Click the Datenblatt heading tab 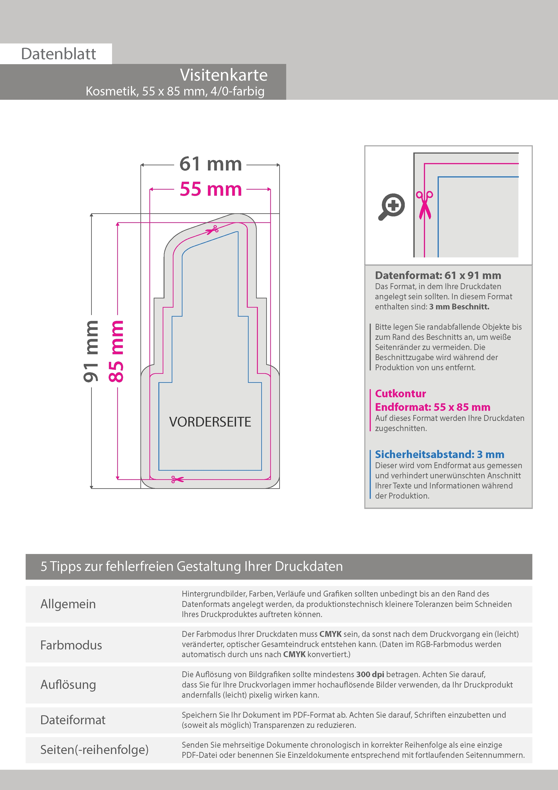pyautogui.click(x=58, y=54)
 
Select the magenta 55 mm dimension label pyautogui.click(x=211, y=189)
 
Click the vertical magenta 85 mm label pyautogui.click(x=116, y=351)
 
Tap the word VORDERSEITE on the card pyautogui.click(x=210, y=422)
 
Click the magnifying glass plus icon pyautogui.click(x=391, y=207)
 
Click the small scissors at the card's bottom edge pyautogui.click(x=177, y=479)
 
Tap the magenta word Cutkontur pyautogui.click(x=400, y=393)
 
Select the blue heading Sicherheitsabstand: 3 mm pyautogui.click(x=439, y=454)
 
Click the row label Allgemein pyautogui.click(x=68, y=604)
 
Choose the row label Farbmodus pyautogui.click(x=71, y=645)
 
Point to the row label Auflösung pyautogui.click(x=68, y=684)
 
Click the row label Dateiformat pyautogui.click(x=73, y=720)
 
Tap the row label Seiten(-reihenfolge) pyautogui.click(x=94, y=749)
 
